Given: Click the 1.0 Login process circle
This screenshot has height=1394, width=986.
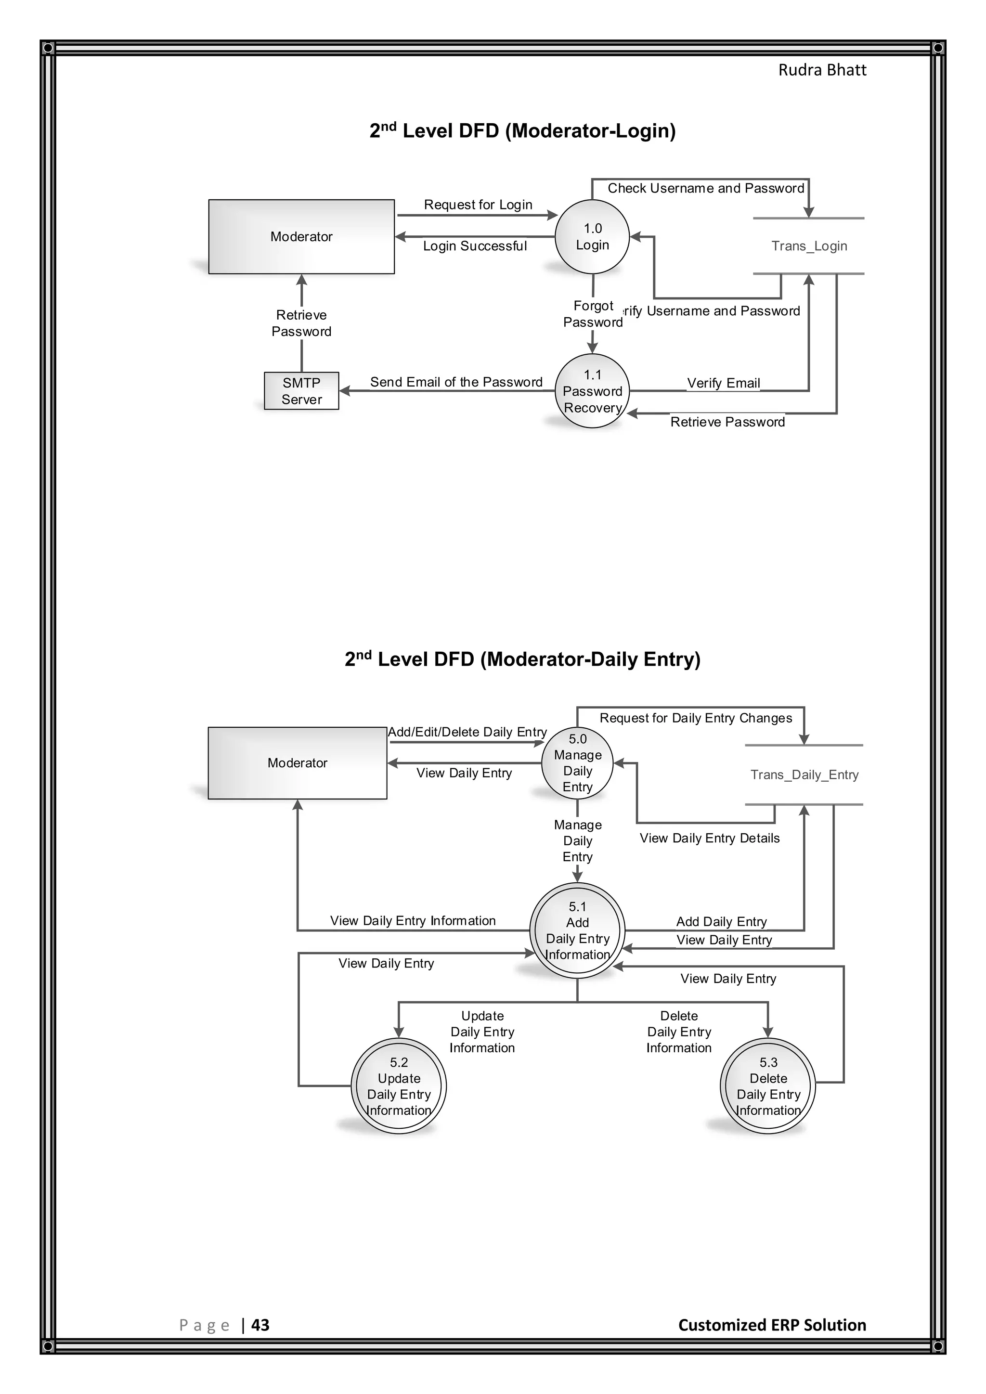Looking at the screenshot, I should coord(592,237).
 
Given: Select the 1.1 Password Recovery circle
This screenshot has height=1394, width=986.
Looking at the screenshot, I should coord(592,391).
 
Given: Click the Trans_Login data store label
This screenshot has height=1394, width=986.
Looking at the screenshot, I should coord(809,246).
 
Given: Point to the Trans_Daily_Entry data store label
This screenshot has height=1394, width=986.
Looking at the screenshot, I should coord(804,774).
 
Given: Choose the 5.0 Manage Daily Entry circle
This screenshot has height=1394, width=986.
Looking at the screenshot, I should coord(577,763).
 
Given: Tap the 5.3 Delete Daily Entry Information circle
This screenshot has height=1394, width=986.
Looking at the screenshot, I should coord(767,1086).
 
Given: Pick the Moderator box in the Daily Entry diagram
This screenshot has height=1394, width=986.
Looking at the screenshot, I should coord(297,763).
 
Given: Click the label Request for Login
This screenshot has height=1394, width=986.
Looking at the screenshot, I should coord(478,205).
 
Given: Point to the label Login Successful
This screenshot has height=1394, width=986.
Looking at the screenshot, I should coord(475,246).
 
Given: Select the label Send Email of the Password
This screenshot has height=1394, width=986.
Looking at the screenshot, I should coord(456,382).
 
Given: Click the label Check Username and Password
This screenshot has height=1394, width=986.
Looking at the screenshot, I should coord(705,188).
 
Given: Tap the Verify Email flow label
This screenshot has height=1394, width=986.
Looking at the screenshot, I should coord(723,383).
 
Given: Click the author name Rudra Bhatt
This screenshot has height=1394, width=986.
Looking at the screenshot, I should coord(822,70).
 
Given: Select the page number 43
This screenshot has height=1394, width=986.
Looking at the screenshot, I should coord(260,1325).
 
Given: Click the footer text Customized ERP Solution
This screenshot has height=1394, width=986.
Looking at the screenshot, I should coord(772,1325).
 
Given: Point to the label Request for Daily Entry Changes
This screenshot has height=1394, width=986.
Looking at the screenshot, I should coord(696,718).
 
